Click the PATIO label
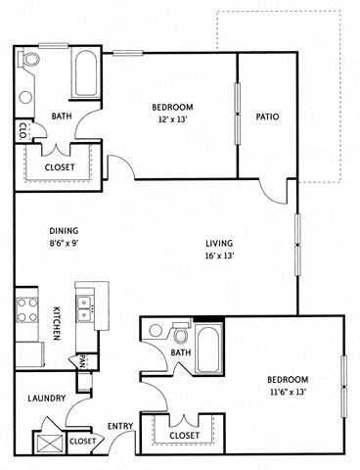coord(267,117)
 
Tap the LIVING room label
coord(219,244)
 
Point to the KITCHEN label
coord(58,324)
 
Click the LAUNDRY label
coord(46,399)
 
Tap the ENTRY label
coord(119,426)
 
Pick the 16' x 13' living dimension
coord(219,257)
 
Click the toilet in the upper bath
coord(29,63)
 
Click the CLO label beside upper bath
coord(22,130)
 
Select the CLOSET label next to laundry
coord(83,442)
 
